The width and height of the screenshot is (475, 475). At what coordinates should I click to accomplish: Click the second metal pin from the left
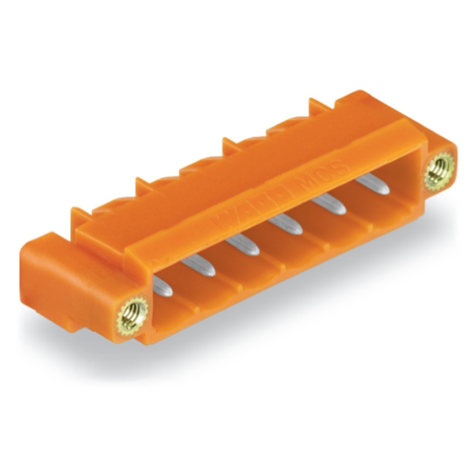tap(199, 266)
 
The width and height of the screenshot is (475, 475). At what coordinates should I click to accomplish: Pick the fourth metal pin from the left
tap(285, 224)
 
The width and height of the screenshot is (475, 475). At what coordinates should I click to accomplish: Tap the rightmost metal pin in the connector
tap(373, 184)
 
